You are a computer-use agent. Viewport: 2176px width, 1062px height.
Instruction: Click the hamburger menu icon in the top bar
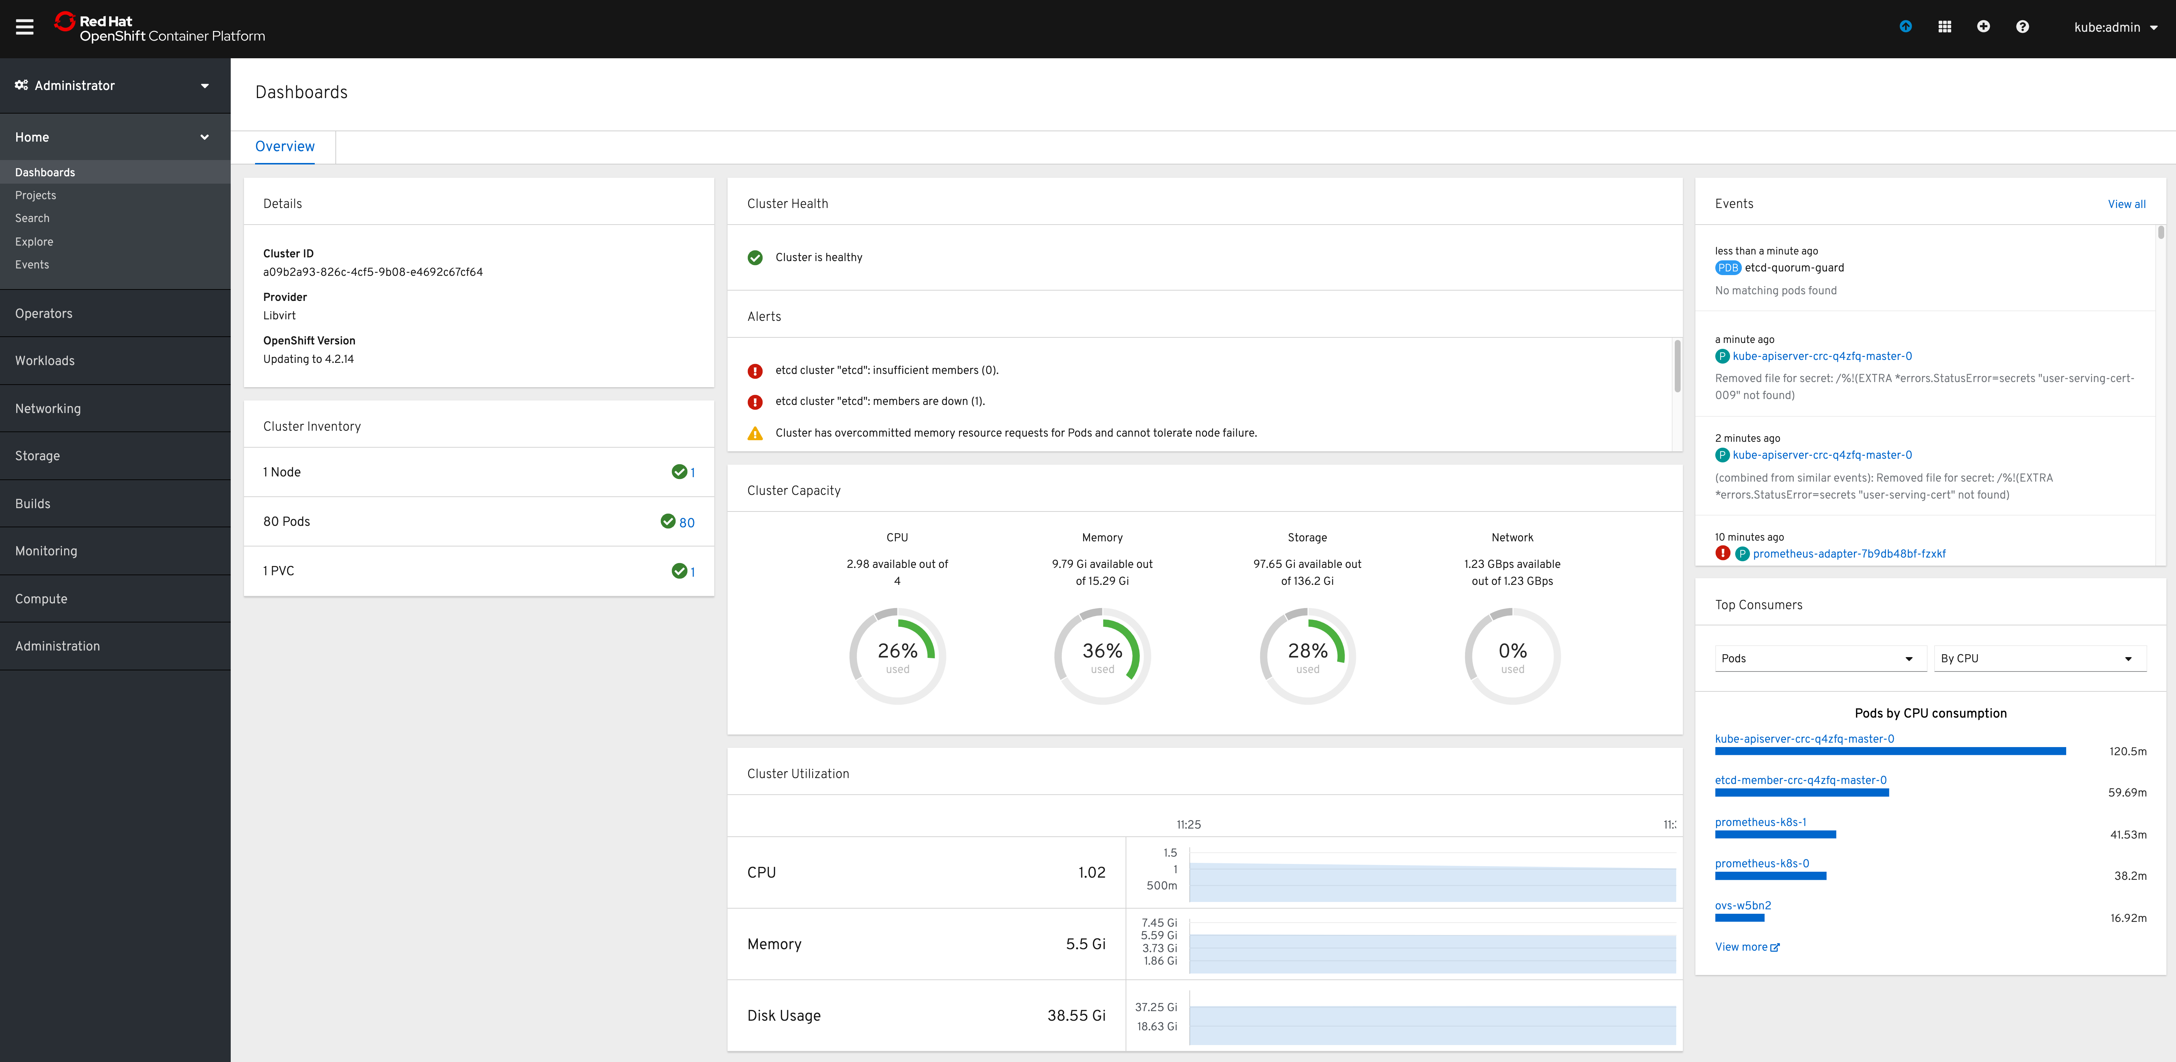click(x=24, y=27)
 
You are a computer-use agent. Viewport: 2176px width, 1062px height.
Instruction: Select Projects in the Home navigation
click(x=35, y=195)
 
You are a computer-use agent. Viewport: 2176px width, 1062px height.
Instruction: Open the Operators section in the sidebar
click(x=44, y=313)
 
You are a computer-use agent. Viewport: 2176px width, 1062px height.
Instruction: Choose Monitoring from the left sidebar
click(x=46, y=551)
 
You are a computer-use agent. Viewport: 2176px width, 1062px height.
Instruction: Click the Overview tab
click(x=285, y=146)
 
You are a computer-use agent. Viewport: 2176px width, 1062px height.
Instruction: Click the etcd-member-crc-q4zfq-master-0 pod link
click(x=1800, y=780)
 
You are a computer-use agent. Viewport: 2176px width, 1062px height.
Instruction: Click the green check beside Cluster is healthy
click(x=755, y=258)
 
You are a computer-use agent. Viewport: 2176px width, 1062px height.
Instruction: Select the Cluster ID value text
click(x=373, y=272)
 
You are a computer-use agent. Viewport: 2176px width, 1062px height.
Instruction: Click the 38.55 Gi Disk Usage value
click(x=1076, y=1016)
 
